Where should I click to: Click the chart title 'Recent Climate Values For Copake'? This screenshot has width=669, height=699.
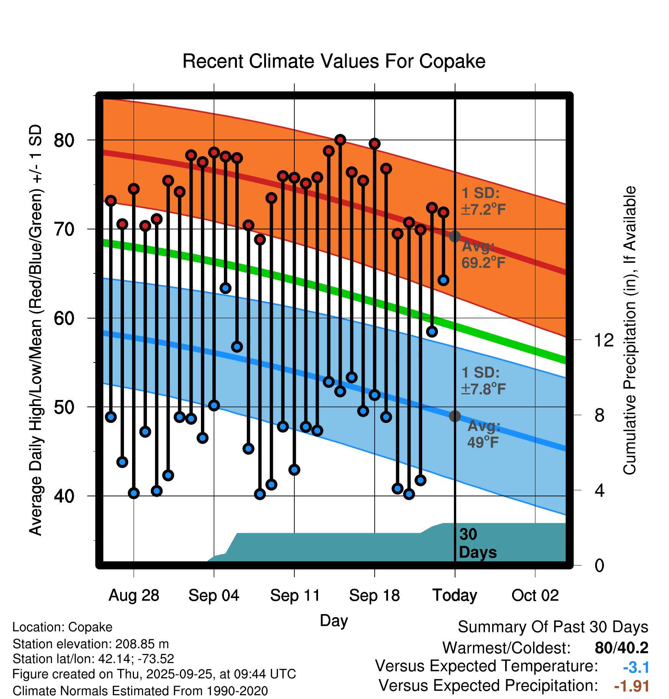coord(334,61)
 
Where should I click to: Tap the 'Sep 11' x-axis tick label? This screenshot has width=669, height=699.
coord(295,595)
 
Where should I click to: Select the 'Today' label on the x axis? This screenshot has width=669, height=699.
coord(455,595)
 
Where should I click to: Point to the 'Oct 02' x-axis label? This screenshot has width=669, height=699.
coord(535,595)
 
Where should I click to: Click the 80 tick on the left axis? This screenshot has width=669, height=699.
coord(64,140)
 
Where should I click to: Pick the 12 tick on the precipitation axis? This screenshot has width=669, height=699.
coord(604,340)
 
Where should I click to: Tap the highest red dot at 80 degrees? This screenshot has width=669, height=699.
coord(340,140)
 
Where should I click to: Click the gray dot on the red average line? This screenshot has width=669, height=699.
coord(455,236)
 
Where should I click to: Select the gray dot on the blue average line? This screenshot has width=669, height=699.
coord(455,416)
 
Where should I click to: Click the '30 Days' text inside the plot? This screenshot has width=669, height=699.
coord(477,543)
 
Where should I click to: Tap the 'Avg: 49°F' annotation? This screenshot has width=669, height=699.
coord(483,434)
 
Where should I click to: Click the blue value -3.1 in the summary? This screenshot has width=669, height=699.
coord(636,668)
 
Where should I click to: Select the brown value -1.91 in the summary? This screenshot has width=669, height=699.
coord(631,686)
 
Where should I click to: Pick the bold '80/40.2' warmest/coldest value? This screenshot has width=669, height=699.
coord(621,648)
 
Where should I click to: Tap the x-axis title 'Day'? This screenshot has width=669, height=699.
coord(334,620)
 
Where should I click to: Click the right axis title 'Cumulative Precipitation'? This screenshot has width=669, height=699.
coord(630,331)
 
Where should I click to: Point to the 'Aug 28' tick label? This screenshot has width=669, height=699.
coord(134,595)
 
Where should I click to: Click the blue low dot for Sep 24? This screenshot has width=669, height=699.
coord(444,280)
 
